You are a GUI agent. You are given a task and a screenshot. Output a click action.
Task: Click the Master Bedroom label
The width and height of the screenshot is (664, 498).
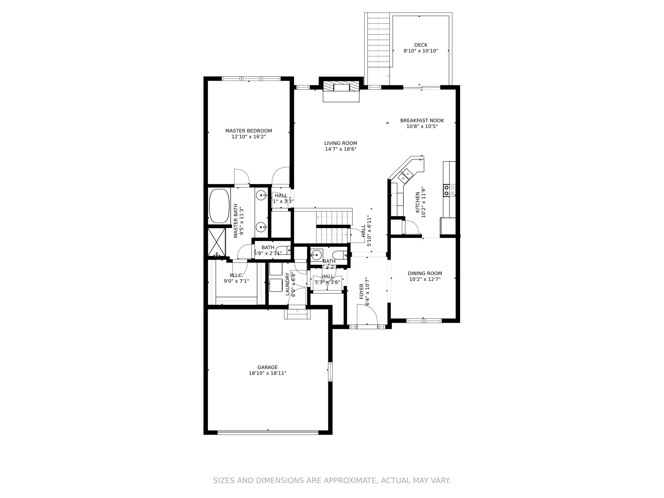tap(249, 131)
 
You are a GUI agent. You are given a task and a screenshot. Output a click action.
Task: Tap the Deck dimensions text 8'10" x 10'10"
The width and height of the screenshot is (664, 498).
tap(421, 51)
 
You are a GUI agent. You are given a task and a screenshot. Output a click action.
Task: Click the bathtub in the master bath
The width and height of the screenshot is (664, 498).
tap(219, 206)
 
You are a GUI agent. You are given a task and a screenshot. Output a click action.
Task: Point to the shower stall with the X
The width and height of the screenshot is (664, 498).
tap(216, 242)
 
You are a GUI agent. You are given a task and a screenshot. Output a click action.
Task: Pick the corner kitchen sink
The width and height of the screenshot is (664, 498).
tap(405, 175)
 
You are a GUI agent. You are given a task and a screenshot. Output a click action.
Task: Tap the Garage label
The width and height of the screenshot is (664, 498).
tap(267, 367)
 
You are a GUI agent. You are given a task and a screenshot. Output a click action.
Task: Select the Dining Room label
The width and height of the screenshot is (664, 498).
tap(425, 273)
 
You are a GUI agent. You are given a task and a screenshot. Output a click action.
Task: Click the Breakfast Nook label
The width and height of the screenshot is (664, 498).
tap(422, 120)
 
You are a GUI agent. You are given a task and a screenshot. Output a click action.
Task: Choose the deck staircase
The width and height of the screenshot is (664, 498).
tap(378, 41)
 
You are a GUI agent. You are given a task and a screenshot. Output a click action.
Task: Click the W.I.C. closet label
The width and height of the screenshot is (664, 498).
tap(236, 275)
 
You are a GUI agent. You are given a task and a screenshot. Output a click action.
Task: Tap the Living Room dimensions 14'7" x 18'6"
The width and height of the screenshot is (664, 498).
tap(341, 149)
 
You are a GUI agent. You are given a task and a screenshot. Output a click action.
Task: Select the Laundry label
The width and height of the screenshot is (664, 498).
tap(287, 284)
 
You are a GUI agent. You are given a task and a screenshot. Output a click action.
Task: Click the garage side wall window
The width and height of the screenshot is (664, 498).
tap(330, 372)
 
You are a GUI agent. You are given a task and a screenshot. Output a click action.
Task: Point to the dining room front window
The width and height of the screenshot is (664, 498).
tap(424, 321)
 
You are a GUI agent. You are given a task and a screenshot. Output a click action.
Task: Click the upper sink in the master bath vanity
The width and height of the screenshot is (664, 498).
tap(261, 196)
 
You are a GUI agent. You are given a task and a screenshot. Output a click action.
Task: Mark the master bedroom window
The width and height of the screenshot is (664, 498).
tap(251, 78)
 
